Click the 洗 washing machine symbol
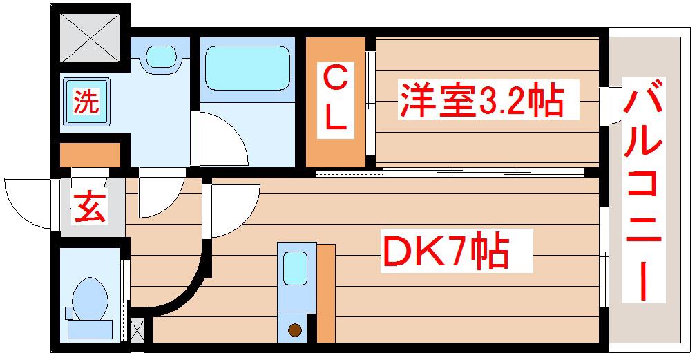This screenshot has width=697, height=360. click(86, 102)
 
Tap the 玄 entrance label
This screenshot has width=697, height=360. click(89, 207)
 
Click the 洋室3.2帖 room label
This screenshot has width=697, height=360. click(482, 100)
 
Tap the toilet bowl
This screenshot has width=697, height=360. click(90, 299)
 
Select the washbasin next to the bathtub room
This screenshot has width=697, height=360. click(162, 56)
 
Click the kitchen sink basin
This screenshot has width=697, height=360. click(296, 268)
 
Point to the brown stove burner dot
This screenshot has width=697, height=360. click(295, 330)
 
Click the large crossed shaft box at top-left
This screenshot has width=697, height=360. click(90, 37)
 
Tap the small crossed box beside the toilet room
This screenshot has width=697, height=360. click(137, 330)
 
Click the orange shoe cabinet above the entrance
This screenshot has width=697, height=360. click(90, 154)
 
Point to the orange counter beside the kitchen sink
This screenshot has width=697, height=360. click(326, 294)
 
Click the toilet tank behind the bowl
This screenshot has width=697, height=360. click(90, 330)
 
